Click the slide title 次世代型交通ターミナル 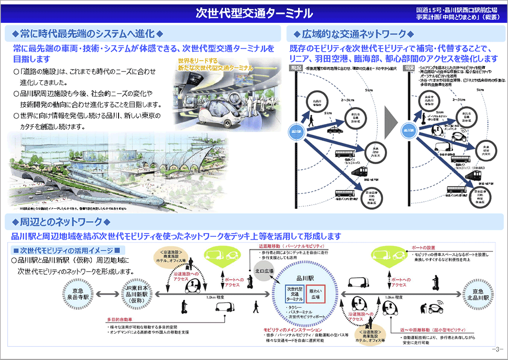[254, 12]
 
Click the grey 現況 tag [296, 67]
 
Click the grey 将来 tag [410, 67]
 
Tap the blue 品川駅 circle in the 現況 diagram [296, 131]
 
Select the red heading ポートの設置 [423, 247]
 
